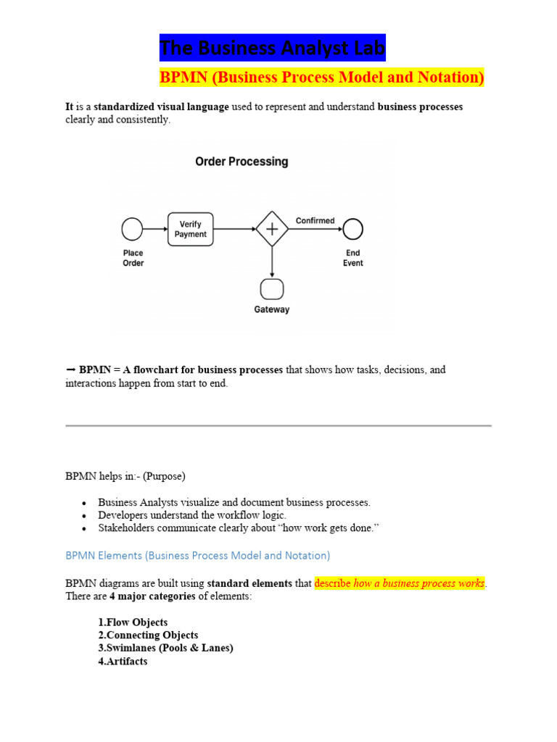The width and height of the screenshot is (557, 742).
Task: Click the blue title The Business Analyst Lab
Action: [x=273, y=49]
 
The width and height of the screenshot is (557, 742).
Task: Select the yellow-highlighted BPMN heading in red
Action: [x=322, y=78]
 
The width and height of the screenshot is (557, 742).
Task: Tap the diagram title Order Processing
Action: [x=242, y=162]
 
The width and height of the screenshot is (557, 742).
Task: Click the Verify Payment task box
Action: [x=190, y=229]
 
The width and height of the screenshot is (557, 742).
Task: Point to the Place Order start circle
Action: [x=133, y=230]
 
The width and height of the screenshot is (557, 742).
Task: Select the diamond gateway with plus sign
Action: [x=272, y=229]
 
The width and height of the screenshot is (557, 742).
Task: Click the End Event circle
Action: [x=353, y=229]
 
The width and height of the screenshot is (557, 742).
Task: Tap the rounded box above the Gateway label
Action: [x=272, y=289]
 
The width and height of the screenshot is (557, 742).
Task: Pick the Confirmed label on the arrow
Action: [x=315, y=220]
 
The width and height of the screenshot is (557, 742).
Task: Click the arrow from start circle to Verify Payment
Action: [x=154, y=230]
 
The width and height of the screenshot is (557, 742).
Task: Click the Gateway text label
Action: [x=272, y=309]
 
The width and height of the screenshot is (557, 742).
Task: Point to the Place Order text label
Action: [x=133, y=258]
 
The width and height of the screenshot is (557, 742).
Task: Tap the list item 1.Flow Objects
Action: [x=133, y=622]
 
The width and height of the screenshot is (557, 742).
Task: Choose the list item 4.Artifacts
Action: [x=123, y=662]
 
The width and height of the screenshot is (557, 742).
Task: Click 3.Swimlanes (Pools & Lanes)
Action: [x=165, y=649]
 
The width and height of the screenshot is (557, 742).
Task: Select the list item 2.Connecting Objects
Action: [x=148, y=635]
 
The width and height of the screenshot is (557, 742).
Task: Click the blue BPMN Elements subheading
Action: [x=197, y=556]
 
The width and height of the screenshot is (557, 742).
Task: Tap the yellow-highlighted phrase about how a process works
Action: [x=400, y=583]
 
